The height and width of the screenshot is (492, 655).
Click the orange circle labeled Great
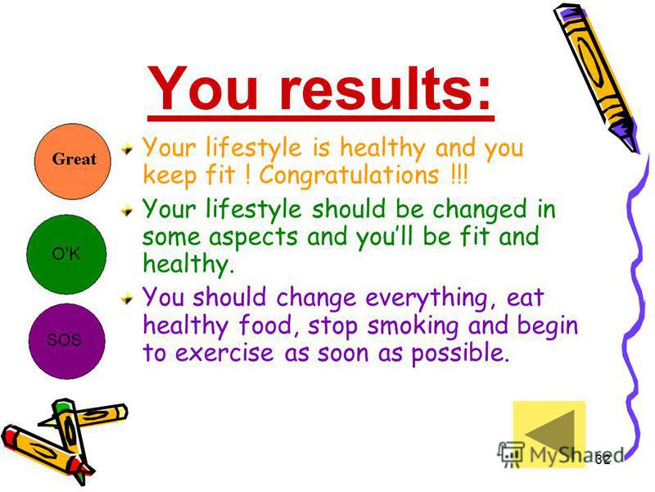pyautogui.click(x=73, y=161)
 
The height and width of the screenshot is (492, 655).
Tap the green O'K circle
pyautogui.click(x=66, y=254)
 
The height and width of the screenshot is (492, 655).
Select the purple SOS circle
pyautogui.click(x=67, y=341)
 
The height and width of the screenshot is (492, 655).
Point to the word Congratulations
pyautogui.click(x=350, y=175)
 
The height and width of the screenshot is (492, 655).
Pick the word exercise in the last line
pyautogui.click(x=224, y=353)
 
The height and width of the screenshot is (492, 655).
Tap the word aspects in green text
pyautogui.click(x=253, y=238)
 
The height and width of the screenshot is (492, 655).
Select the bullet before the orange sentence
pyautogui.click(x=128, y=148)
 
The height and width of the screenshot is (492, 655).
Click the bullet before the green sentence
pyautogui.click(x=128, y=210)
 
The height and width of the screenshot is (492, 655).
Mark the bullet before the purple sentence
pyautogui.click(x=128, y=298)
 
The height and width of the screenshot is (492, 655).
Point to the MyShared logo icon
pyautogui.click(x=510, y=454)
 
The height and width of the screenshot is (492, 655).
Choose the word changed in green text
pyautogui.click(x=480, y=209)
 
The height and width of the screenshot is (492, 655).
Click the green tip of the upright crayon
pyautogui.click(x=62, y=406)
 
